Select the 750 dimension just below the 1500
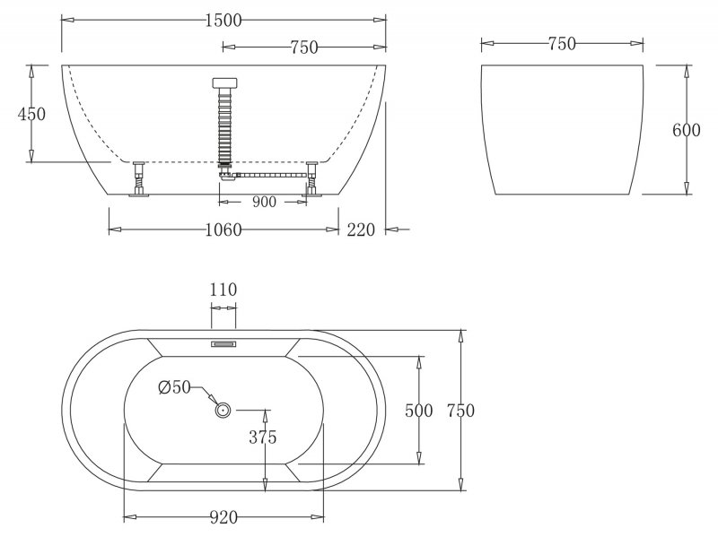pos(304,48)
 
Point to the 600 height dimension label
pos(686,129)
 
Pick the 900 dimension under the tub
pos(264,202)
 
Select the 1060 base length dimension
pos(223,230)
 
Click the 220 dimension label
pos(361,230)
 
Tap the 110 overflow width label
pos(223,290)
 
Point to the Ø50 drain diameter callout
pos(175,387)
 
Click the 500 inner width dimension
pos(419,411)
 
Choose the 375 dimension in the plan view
pos(263,437)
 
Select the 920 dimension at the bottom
pos(223,517)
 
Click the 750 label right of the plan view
pos(459,411)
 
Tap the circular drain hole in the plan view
pos(223,410)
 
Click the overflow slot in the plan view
pos(223,342)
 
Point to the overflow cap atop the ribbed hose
pos(223,83)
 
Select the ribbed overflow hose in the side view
pos(223,126)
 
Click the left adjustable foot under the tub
pos(139,178)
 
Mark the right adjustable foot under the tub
pos(311,178)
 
